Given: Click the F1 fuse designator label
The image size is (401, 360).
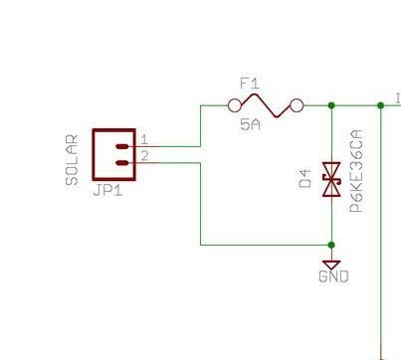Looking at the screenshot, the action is coord(250,84).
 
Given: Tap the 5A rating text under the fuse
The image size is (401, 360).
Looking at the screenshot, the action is coord(250,125).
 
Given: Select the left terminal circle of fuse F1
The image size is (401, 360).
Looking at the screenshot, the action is coord(235,105).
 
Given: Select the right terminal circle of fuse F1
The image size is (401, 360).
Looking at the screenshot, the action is coord(297,105).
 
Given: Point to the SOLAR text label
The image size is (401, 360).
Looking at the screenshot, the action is coord(72,160).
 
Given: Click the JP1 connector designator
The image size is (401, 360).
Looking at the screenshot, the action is coord(108,191).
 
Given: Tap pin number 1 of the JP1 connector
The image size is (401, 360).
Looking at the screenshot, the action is coord(144,140).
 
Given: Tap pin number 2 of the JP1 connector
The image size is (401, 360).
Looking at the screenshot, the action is coord(144,156).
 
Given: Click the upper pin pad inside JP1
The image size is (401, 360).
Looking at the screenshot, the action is coord(122,146).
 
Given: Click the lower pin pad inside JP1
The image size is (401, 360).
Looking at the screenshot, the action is coord(122,162).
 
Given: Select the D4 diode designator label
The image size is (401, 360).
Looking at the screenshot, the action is coord(305,178).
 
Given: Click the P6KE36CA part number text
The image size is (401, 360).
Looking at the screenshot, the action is coord(356,171).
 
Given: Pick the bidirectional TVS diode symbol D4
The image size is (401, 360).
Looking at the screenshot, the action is coord(331,179).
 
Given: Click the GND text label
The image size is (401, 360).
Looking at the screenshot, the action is coord(333,276).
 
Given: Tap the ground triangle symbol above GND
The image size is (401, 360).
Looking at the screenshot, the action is coord(331,265).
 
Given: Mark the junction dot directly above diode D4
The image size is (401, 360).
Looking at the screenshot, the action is coord(331,105).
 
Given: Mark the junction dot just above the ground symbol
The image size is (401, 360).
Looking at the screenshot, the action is coord(331,245).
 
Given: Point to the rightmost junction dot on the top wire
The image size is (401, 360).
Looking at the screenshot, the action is coord(381,105).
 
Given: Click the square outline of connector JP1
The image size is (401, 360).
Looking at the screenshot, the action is coord(94,154).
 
